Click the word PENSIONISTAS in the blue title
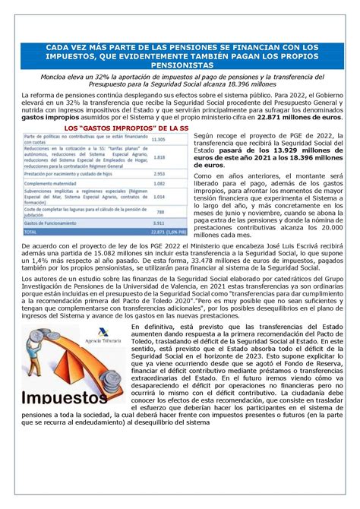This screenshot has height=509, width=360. pyautogui.click(x=180, y=66)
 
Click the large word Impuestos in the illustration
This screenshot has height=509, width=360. pyautogui.click(x=64, y=398)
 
